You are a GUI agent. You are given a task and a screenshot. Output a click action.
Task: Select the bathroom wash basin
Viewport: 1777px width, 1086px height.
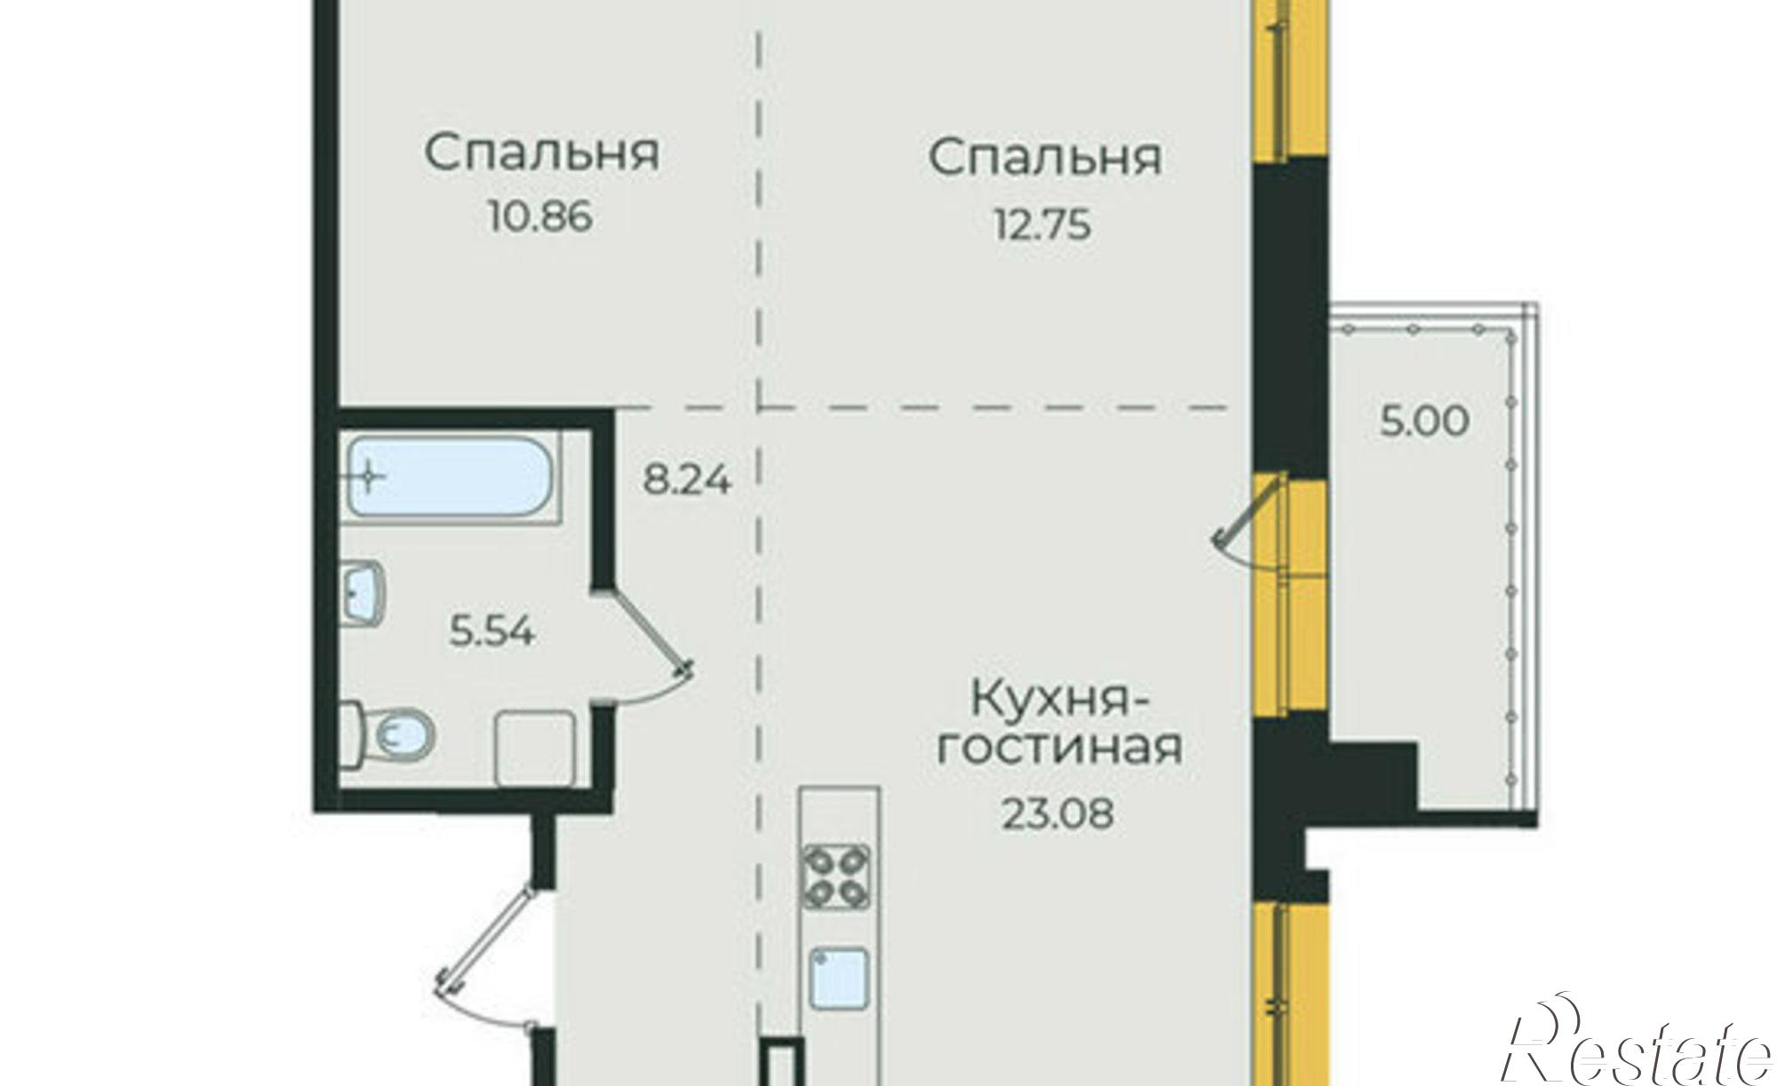[364, 591]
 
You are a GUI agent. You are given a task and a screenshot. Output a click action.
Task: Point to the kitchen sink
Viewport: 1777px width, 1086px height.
[839, 977]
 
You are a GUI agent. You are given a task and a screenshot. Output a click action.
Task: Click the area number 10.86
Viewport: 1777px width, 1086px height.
[539, 217]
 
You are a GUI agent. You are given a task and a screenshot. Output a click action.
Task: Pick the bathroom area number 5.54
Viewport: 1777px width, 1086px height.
[491, 633]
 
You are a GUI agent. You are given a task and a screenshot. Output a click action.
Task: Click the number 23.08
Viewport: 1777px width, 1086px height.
[1057, 813]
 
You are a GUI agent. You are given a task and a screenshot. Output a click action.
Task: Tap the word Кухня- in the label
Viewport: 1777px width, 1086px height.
[1059, 700]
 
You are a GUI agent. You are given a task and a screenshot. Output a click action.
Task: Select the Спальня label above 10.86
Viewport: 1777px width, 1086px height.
[542, 153]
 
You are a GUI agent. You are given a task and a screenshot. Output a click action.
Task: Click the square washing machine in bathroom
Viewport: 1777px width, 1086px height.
[534, 748]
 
